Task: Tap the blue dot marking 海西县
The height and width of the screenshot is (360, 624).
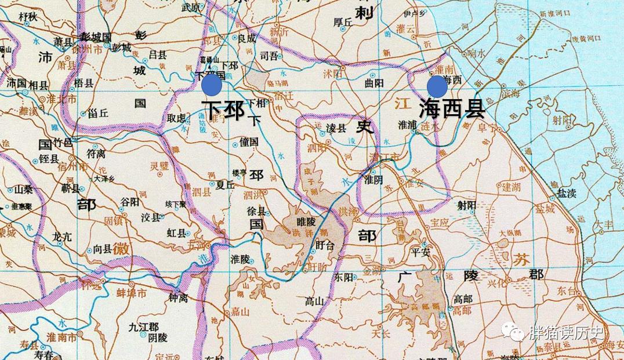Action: (x=437, y=87)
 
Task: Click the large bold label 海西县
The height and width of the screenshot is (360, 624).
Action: (x=451, y=108)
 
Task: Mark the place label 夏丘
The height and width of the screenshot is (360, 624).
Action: (x=225, y=186)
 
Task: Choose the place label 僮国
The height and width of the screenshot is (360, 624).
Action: (x=249, y=141)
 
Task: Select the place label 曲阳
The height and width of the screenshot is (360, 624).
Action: (x=374, y=83)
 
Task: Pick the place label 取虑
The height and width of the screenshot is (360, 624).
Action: (x=177, y=118)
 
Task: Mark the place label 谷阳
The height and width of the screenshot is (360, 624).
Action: (x=129, y=201)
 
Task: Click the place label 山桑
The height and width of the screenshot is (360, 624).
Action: (x=23, y=189)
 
